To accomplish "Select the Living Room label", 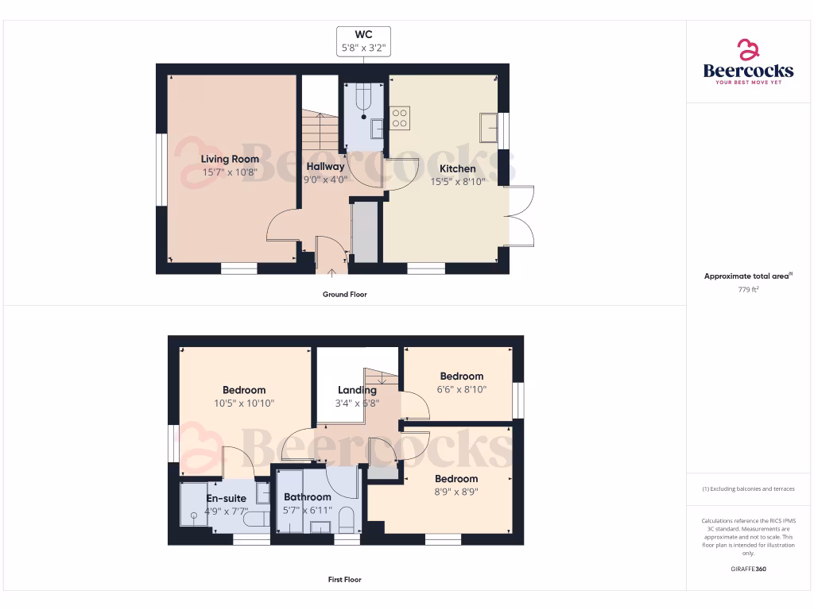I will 230,159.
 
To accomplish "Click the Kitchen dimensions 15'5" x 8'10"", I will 458,181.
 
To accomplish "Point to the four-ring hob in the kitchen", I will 400,118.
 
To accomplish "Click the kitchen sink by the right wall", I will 488,127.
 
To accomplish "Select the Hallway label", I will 326,167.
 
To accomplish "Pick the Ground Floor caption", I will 344,295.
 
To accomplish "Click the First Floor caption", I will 344,580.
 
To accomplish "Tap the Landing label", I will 357,390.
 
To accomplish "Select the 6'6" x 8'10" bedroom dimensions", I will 461,389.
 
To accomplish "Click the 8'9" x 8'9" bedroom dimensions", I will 456,492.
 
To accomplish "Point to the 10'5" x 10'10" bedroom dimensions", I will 244,403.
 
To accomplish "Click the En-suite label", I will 227,498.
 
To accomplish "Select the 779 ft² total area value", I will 748,290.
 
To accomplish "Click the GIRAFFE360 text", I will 748,569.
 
